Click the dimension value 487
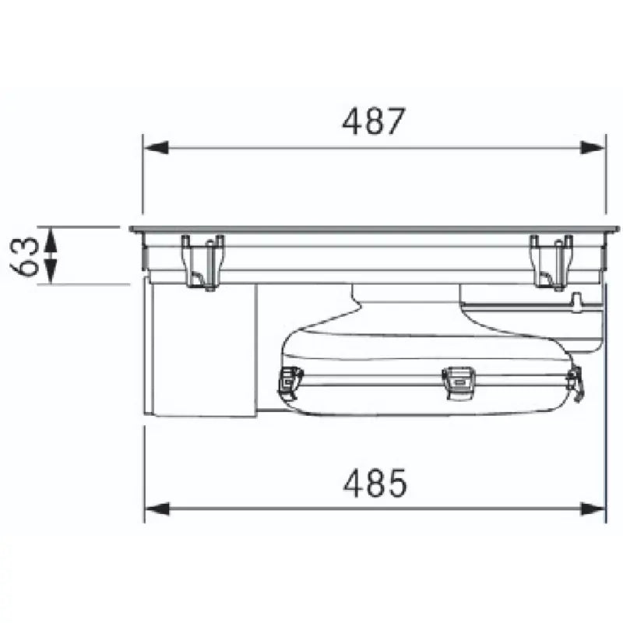374,121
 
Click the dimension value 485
375,483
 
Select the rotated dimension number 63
25,256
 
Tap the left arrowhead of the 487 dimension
157,148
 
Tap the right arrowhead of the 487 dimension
593,148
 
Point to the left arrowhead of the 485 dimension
157,509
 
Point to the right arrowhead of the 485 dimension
593,509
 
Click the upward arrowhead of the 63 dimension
50,241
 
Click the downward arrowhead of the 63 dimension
50,270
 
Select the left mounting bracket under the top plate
203,262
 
